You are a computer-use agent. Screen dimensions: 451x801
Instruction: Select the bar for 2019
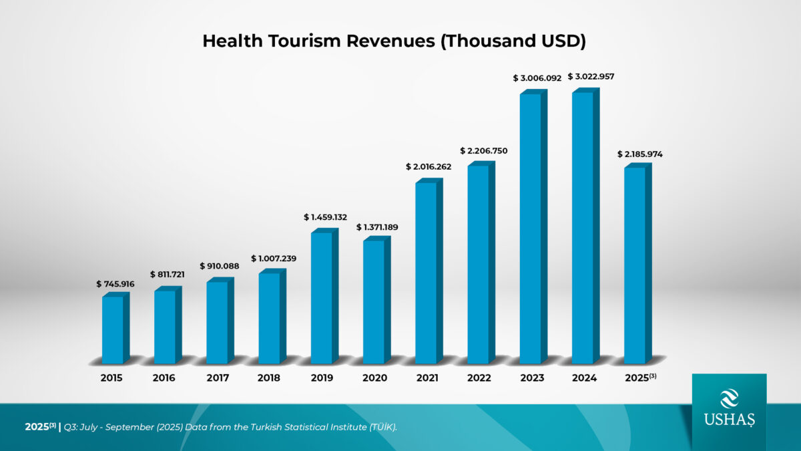coord(322,297)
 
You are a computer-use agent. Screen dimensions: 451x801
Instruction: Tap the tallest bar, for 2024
coord(583,227)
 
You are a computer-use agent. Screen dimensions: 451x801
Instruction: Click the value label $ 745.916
coord(115,284)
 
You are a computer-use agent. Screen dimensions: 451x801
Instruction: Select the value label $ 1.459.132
coord(325,217)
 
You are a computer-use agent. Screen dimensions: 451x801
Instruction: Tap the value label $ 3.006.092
coord(537,78)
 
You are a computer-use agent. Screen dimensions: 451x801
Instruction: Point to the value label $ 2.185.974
coord(640,154)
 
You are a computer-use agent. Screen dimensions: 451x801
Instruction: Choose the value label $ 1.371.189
coord(377,227)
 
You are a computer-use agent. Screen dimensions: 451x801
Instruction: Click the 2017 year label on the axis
coord(217,378)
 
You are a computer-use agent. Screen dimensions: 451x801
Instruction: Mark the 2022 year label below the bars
coord(479,378)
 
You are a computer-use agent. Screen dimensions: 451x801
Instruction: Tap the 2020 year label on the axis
coord(374,378)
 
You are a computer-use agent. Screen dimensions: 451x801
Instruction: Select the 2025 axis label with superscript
coord(640,378)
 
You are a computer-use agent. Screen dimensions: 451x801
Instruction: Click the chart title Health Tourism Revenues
coord(394,41)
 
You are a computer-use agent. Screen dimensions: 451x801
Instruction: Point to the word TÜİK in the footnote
coord(381,427)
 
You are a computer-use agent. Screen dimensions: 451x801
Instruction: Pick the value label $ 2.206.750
coord(484,151)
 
